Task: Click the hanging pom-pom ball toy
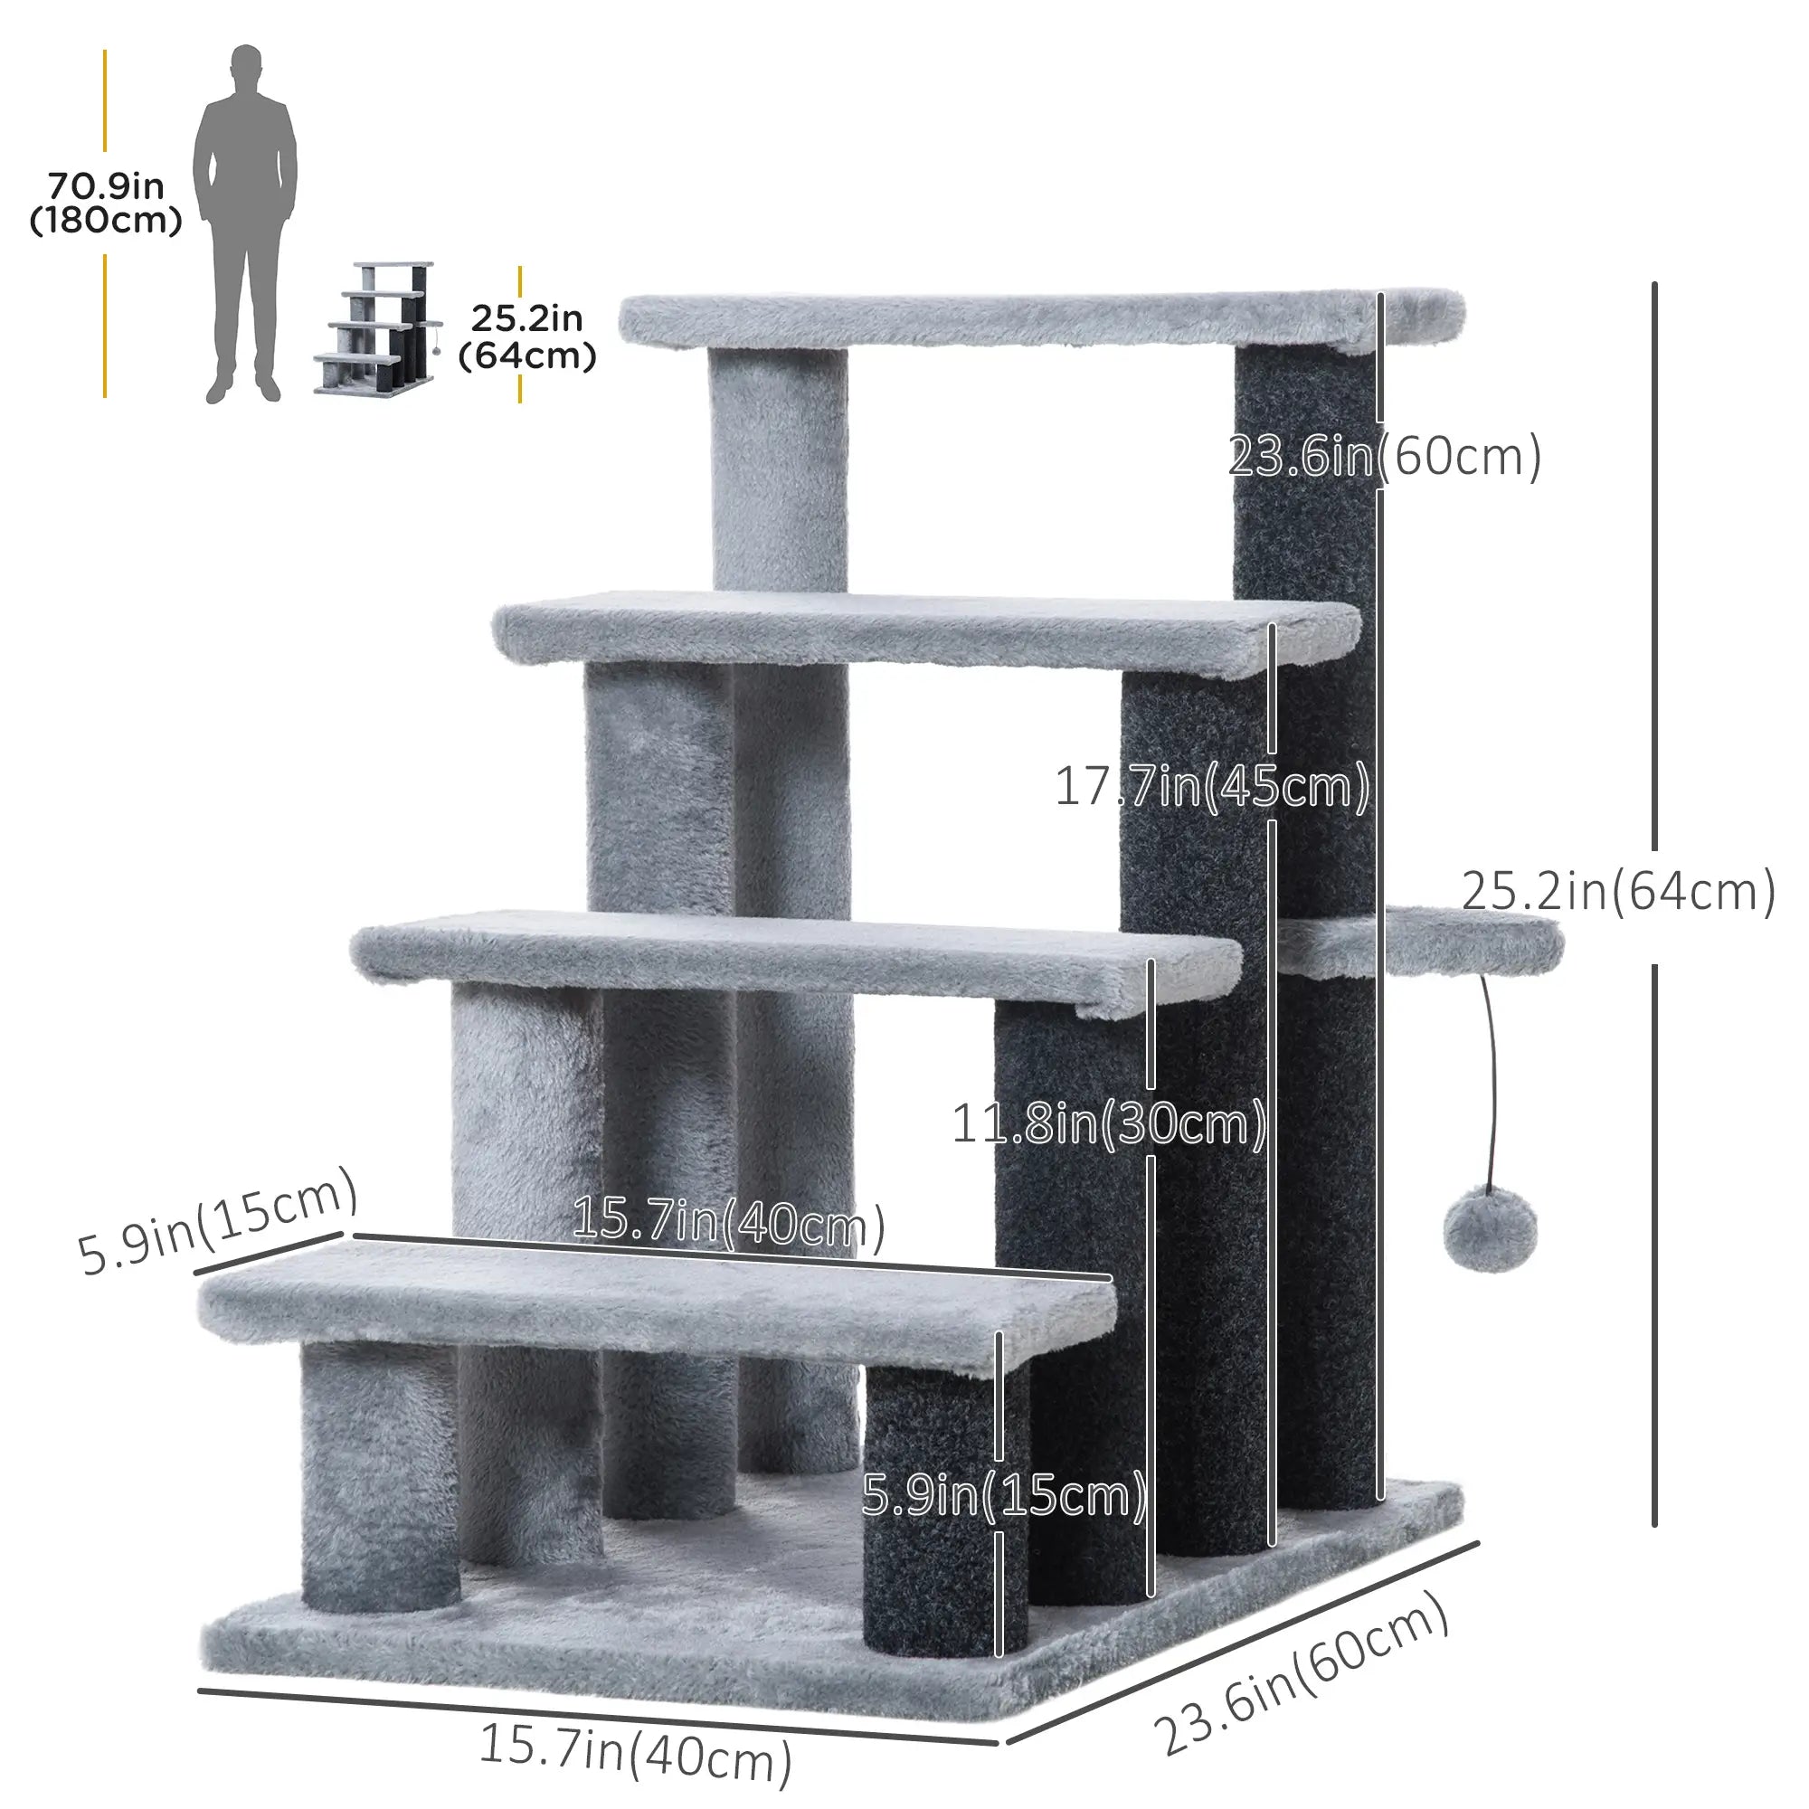[1490, 1228]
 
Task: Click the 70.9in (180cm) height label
[106, 204]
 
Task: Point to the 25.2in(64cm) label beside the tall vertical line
[1618, 892]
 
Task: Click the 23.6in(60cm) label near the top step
[1384, 457]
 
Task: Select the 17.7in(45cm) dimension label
[1212, 787]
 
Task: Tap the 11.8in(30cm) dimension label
[1109, 1123]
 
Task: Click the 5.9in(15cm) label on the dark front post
[1004, 1495]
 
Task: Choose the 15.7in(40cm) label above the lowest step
[728, 1222]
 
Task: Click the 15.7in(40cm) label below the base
[635, 1754]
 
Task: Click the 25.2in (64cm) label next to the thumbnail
[527, 337]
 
